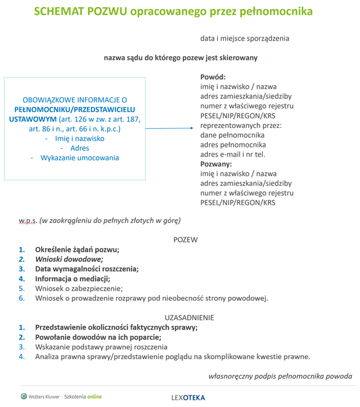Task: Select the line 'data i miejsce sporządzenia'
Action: (x=244, y=38)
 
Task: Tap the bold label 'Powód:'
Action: (x=213, y=77)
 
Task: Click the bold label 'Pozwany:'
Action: (x=216, y=164)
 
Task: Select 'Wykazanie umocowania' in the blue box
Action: (x=79, y=158)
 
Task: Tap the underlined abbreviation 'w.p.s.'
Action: (x=28, y=220)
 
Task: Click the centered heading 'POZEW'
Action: (x=185, y=240)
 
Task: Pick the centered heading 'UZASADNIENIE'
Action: (x=189, y=317)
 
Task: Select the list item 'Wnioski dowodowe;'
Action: (x=69, y=259)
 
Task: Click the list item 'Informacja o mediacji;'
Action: (x=73, y=279)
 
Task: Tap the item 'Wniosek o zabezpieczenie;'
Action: (x=79, y=289)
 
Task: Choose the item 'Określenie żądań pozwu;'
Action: (x=77, y=250)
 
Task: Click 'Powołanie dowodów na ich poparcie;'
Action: (x=98, y=337)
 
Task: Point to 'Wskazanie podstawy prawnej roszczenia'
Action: (x=101, y=347)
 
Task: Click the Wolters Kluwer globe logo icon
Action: (x=23, y=396)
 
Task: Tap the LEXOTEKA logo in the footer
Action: (x=188, y=398)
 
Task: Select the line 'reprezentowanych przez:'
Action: (x=241, y=126)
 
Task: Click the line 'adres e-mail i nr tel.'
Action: (x=235, y=155)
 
